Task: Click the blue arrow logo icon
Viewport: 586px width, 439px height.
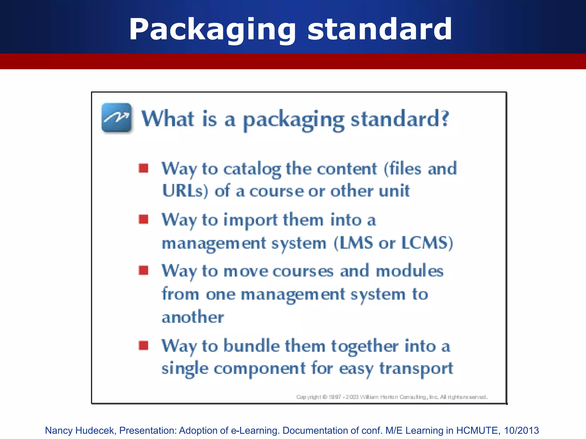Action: pos(117,118)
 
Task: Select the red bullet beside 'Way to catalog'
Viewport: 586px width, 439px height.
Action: pos(143,168)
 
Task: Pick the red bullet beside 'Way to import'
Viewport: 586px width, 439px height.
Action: pos(143,219)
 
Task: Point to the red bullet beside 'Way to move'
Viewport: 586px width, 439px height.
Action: pos(143,270)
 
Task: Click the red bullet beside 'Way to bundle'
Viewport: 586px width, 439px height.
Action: pos(143,345)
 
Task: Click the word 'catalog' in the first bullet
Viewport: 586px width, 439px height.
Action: pos(252,169)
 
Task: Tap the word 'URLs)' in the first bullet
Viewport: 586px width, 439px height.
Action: pos(185,191)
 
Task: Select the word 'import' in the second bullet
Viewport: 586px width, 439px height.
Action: pos(250,221)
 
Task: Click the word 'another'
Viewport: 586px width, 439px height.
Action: pos(193,317)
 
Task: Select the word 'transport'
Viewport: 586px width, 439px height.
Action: pos(416,369)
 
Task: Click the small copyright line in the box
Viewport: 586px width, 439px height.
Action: pos(392,397)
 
